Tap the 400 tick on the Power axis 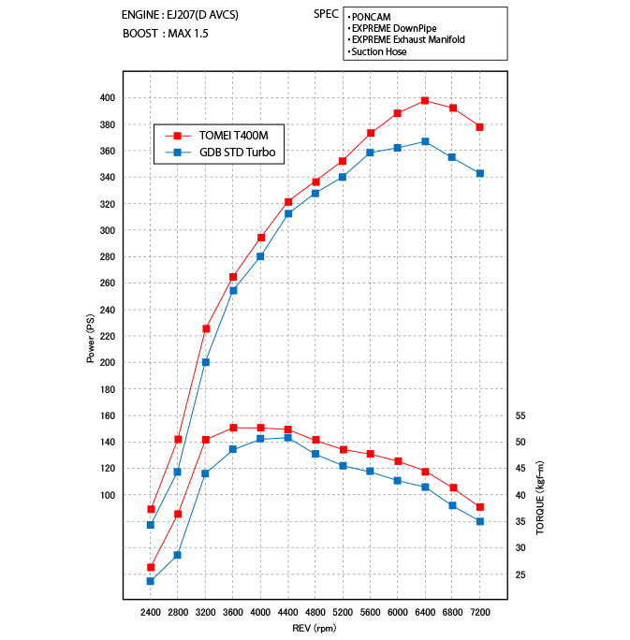click(x=106, y=98)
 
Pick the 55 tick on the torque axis click(x=521, y=415)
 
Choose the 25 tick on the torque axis click(x=521, y=575)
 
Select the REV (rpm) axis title click(x=315, y=628)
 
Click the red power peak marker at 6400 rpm click(x=425, y=100)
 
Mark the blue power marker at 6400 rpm click(x=425, y=141)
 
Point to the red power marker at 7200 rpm click(x=480, y=126)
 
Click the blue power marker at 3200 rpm click(x=206, y=362)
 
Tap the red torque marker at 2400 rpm click(x=151, y=567)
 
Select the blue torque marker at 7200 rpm click(x=480, y=521)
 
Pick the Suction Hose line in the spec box click(x=379, y=51)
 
